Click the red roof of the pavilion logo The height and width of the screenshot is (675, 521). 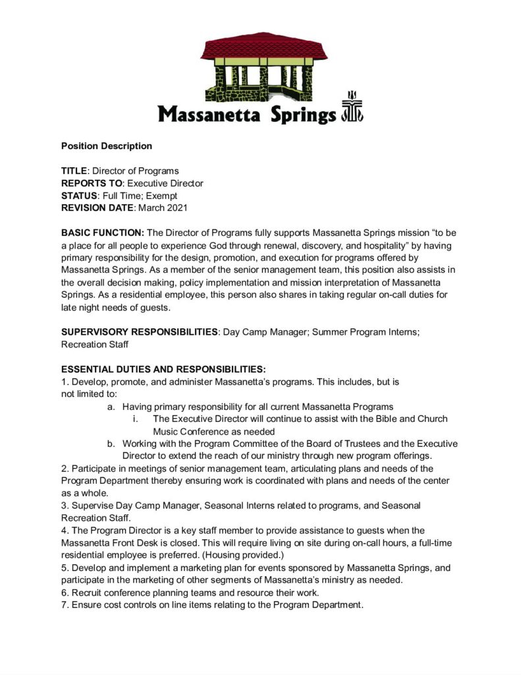pyautogui.click(x=263, y=48)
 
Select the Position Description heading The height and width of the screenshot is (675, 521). pyautogui.click(x=107, y=146)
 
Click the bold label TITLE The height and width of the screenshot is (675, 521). pyautogui.click(x=74, y=171)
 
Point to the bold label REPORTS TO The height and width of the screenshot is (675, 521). pyautogui.click(x=92, y=183)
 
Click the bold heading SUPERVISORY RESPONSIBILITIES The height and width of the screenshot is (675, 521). pyautogui.click(x=140, y=332)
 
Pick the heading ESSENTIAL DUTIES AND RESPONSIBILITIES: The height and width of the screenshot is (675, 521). pyautogui.click(x=163, y=369)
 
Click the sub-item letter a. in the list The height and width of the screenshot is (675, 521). pyautogui.click(x=111, y=407)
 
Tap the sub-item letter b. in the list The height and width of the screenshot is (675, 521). pyautogui.click(x=111, y=444)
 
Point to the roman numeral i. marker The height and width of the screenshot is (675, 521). pyautogui.click(x=135, y=419)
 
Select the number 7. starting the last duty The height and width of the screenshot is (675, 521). pyautogui.click(x=65, y=604)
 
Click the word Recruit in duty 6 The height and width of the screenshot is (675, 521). pyautogui.click(x=88, y=592)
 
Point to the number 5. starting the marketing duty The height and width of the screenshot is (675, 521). pyautogui.click(x=65, y=568)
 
